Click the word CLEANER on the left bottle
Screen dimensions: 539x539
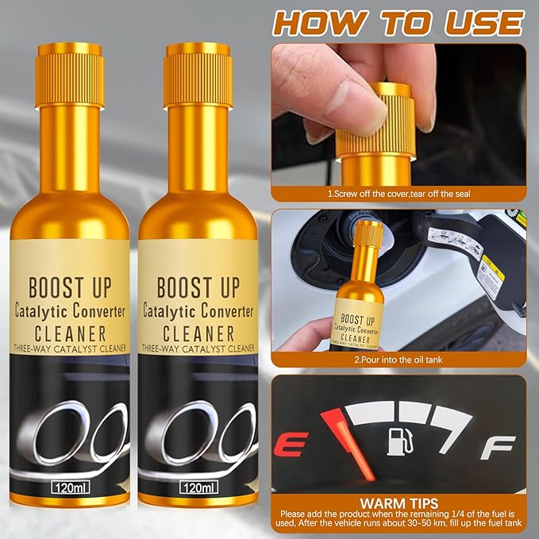[70, 332]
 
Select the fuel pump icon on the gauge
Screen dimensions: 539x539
[398, 441]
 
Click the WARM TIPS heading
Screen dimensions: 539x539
[399, 503]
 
